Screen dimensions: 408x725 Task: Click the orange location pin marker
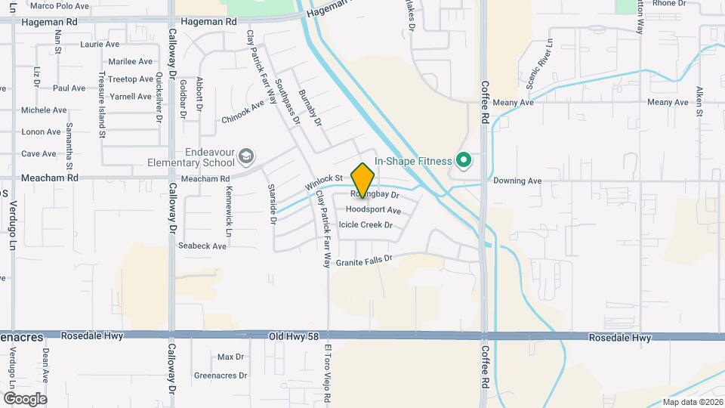click(x=363, y=181)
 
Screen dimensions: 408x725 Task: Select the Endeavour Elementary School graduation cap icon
click(x=245, y=156)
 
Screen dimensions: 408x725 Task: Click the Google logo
click(x=25, y=398)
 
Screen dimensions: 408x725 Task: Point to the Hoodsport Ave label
click(x=373, y=209)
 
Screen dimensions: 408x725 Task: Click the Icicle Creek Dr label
click(x=366, y=224)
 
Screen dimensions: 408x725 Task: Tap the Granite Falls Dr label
click(x=365, y=260)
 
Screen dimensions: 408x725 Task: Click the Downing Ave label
click(x=517, y=181)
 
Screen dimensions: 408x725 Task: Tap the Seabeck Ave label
click(x=202, y=246)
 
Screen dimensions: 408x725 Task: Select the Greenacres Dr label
click(x=221, y=375)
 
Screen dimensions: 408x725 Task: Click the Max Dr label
click(x=230, y=357)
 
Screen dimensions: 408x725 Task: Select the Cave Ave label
click(x=39, y=153)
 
